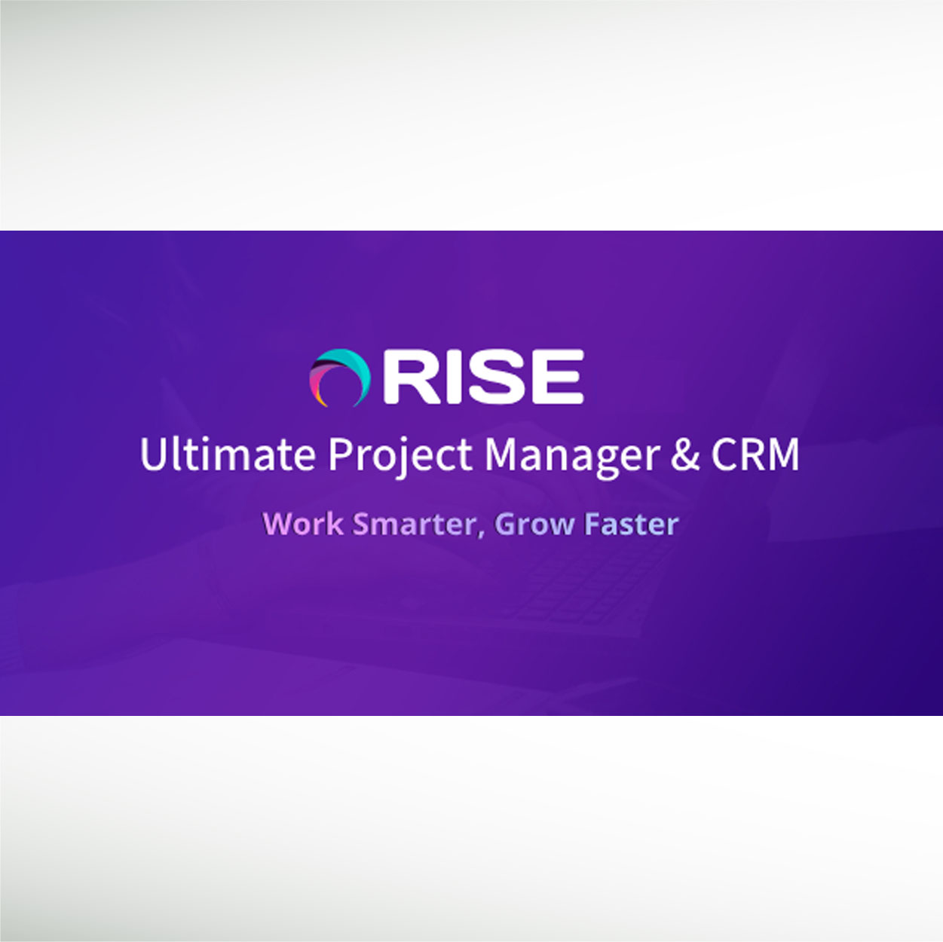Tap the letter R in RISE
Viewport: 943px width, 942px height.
[x=406, y=376]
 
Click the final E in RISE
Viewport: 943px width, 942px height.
[x=557, y=376]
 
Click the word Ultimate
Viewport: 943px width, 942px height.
[x=228, y=454]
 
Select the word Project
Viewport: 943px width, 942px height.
[x=400, y=457]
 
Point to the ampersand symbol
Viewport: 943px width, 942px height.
[x=684, y=454]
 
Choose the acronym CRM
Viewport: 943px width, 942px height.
[x=755, y=454]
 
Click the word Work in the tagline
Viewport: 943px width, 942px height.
[x=303, y=524]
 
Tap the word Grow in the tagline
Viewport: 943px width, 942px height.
[x=534, y=524]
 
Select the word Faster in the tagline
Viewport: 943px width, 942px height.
[x=631, y=524]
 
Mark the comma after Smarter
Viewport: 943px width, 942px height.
[x=481, y=533]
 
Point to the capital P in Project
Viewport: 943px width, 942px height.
[x=340, y=454]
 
